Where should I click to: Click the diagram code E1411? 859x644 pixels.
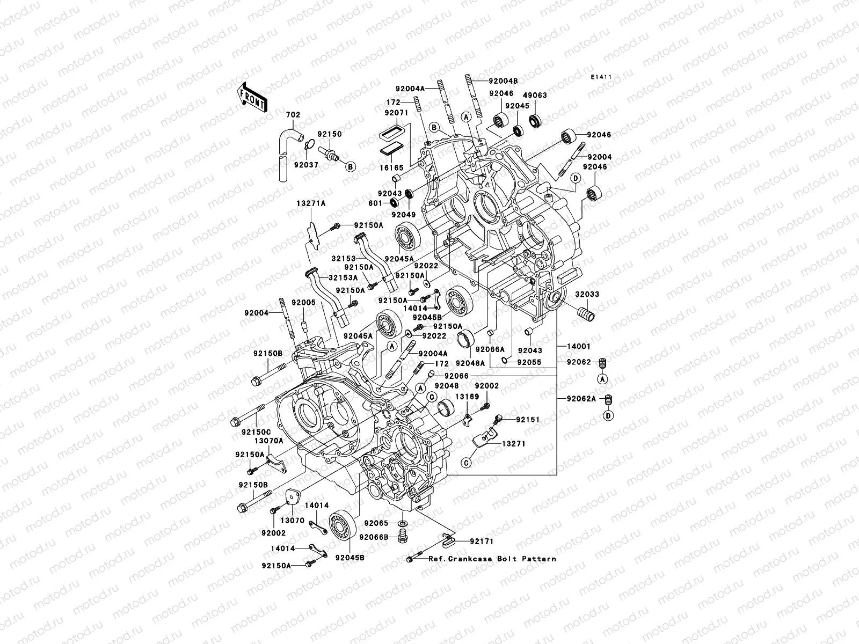click(x=601, y=77)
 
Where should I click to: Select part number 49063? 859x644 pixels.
click(x=535, y=95)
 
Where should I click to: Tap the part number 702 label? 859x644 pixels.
click(x=293, y=115)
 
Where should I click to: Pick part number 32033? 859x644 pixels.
click(x=587, y=295)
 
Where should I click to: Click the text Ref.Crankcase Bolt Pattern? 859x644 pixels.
click(x=492, y=559)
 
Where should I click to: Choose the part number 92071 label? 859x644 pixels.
click(x=397, y=114)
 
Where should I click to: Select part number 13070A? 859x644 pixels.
click(x=254, y=441)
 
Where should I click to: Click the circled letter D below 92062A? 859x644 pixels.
click(x=608, y=415)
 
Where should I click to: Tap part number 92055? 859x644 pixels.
click(x=529, y=362)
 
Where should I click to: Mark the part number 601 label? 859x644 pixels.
click(x=375, y=203)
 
